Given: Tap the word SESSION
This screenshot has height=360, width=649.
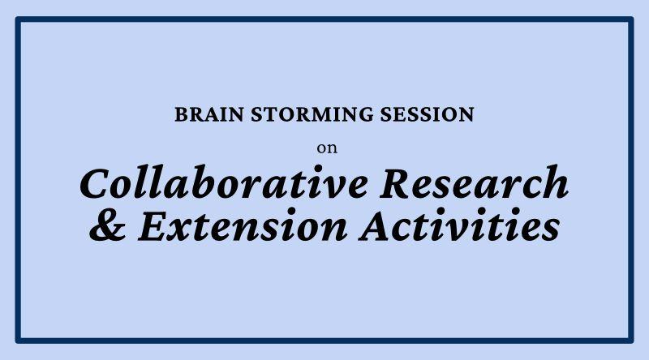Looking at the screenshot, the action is click(428, 114).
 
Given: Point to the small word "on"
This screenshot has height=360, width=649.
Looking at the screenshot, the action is click(328, 148).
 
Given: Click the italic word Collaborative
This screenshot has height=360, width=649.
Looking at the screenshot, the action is click(224, 182).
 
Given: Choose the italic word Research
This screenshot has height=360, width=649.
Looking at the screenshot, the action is click(475, 182).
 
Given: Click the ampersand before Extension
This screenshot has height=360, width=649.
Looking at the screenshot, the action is click(108, 226).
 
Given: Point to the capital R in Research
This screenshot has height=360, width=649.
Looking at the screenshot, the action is click(399, 183).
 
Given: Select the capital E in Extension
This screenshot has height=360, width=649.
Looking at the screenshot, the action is click(158, 226).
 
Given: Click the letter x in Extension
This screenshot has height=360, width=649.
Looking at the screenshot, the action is click(193, 229).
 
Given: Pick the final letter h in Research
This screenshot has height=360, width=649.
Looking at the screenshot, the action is click(555, 182).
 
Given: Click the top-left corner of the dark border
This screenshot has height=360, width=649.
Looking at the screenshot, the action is click(18, 19).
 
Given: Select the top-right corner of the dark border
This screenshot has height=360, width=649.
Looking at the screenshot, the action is click(631, 19).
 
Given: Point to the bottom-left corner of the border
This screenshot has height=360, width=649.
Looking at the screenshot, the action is click(18, 341).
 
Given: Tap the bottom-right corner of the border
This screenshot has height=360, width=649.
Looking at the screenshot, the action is click(631, 341).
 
